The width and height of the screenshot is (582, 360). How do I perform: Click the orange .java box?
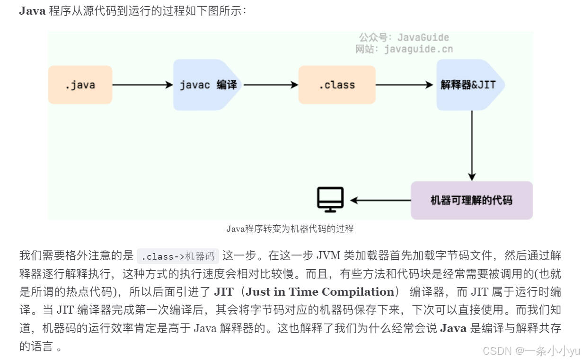80,85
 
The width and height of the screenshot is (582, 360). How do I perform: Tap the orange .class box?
337,85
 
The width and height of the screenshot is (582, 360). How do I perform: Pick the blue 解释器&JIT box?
468,85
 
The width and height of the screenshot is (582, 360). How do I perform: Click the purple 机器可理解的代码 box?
471,200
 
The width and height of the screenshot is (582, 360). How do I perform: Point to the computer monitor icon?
330,199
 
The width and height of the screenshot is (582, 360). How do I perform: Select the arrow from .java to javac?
142,85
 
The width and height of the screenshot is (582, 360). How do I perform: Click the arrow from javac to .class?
270,85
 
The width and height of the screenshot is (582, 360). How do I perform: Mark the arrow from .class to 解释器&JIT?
405,85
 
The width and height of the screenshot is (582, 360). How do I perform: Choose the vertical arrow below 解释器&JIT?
471,145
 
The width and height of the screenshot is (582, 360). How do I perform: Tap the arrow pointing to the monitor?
380,200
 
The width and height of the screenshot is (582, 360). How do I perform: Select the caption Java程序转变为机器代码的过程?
290,229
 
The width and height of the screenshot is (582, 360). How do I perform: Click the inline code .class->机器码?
178,256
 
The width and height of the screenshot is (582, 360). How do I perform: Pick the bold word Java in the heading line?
32,11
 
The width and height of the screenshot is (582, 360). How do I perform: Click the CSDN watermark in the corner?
530,351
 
